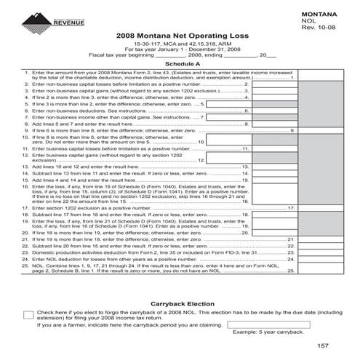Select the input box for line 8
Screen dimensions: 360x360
(x=274, y=124)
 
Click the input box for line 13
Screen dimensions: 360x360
(x=274, y=167)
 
